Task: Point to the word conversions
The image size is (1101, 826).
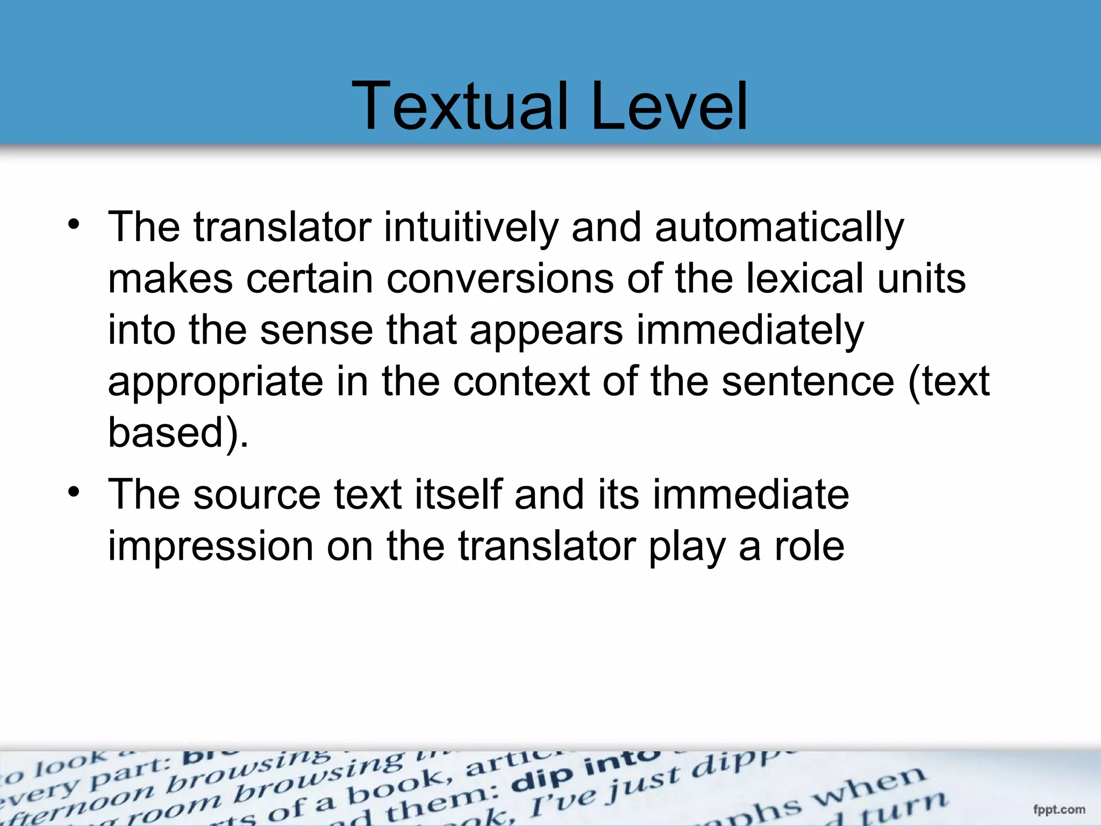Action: [500, 279]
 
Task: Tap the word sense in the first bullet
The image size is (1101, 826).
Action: [316, 330]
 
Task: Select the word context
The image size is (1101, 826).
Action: [521, 381]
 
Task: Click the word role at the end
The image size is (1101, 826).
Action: [809, 546]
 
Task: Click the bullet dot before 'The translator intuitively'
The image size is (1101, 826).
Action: [74, 224]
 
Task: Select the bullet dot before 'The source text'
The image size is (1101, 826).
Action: [74, 492]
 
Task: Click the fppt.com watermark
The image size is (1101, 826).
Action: [1059, 809]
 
